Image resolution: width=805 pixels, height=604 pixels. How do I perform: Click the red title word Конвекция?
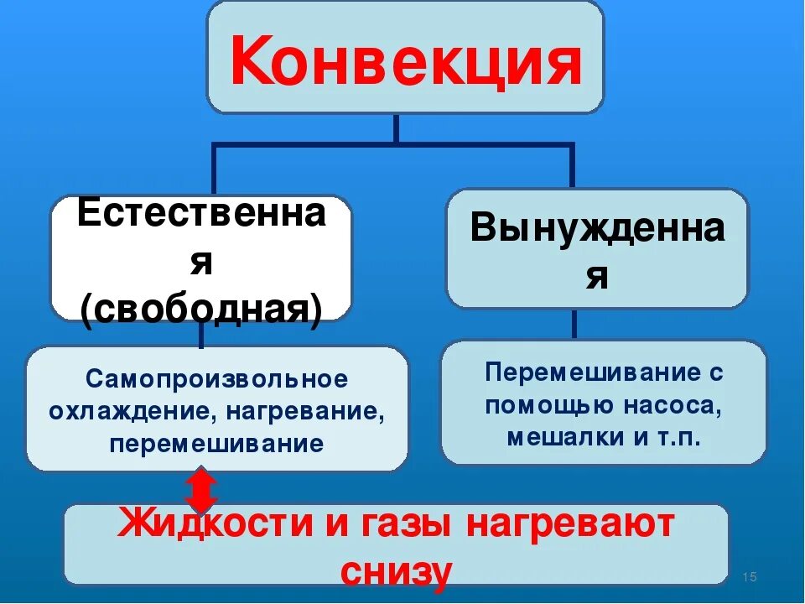click(405, 61)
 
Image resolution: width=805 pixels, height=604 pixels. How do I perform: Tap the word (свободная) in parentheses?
click(201, 310)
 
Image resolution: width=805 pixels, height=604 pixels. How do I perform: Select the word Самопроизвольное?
click(216, 379)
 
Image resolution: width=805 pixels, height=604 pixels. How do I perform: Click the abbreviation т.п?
click(680, 437)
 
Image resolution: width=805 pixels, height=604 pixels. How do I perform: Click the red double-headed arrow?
click(201, 491)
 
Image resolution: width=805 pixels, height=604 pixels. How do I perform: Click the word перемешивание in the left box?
click(216, 444)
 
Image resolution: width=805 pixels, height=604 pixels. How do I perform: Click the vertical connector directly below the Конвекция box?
click(396, 128)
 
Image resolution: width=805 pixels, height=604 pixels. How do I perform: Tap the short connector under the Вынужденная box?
click(574, 324)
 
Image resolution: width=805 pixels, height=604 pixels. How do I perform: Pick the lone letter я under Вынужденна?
click(596, 277)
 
